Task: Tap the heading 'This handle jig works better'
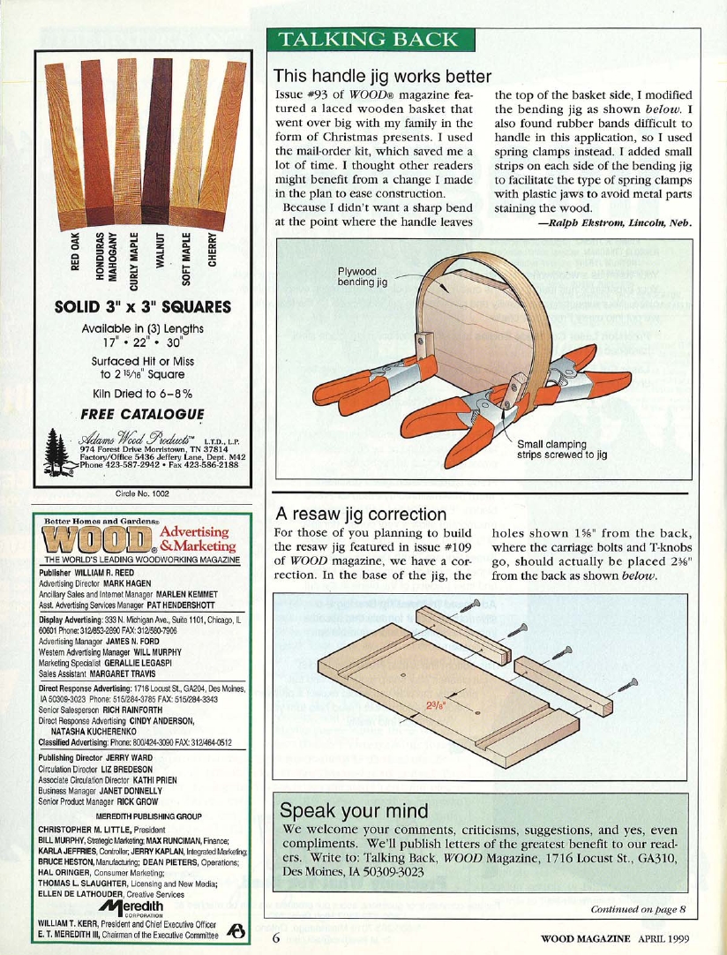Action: [x=382, y=77]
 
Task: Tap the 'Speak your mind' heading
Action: [x=355, y=810]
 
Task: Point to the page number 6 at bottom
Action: [x=276, y=937]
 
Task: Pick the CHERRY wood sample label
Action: [x=212, y=250]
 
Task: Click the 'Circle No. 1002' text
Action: [x=142, y=492]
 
